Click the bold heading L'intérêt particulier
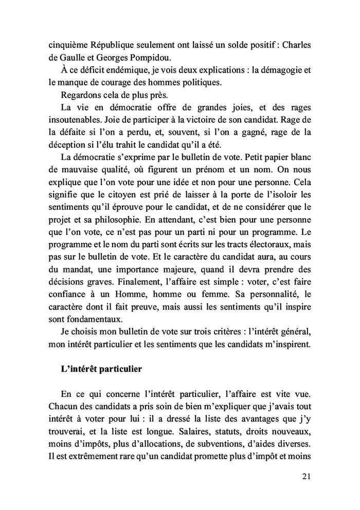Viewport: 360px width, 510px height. pyautogui.click(x=101, y=369)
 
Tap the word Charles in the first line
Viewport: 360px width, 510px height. pyautogui.click(x=295, y=44)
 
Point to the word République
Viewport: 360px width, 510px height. pyautogui.click(x=111, y=44)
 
